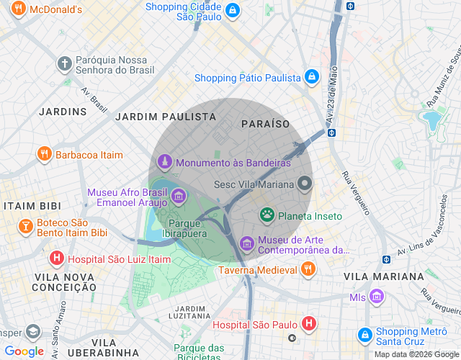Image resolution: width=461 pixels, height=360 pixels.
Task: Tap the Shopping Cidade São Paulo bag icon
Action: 233,11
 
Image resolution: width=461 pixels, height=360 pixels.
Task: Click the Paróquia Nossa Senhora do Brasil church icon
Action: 65,63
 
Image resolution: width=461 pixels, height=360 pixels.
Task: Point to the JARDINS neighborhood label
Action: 63,112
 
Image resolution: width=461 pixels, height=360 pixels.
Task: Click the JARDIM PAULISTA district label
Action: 166,116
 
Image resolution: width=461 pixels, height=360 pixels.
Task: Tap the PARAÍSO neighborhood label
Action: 266,124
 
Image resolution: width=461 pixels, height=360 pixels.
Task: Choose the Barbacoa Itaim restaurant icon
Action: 44,154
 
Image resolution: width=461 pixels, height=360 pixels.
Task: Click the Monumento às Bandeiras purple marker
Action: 165,162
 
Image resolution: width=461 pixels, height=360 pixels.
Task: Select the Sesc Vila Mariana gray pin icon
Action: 305,184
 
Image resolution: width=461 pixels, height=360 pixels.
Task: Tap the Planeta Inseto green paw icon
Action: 267,215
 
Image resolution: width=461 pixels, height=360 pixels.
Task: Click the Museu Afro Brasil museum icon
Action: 178,196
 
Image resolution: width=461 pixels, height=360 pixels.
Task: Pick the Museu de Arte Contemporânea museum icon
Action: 247,244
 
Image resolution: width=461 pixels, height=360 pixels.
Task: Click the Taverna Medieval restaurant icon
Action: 308,269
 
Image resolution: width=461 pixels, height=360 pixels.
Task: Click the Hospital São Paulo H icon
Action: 308,324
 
